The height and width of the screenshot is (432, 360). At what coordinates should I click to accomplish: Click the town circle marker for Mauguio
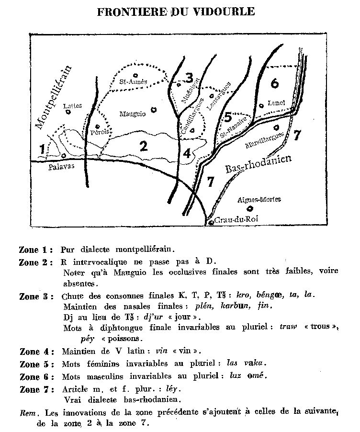[154, 110]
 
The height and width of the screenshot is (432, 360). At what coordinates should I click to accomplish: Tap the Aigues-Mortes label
[259, 199]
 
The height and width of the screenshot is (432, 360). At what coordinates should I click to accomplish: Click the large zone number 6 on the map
[274, 83]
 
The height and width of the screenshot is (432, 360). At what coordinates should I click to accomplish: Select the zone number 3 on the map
[190, 77]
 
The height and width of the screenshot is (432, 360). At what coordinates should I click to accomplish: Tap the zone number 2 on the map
[143, 146]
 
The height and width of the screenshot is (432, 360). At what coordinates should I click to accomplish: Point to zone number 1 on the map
[43, 148]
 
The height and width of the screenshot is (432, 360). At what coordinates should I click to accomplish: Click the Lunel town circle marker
[261, 105]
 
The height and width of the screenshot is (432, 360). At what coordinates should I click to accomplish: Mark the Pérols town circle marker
[98, 127]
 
